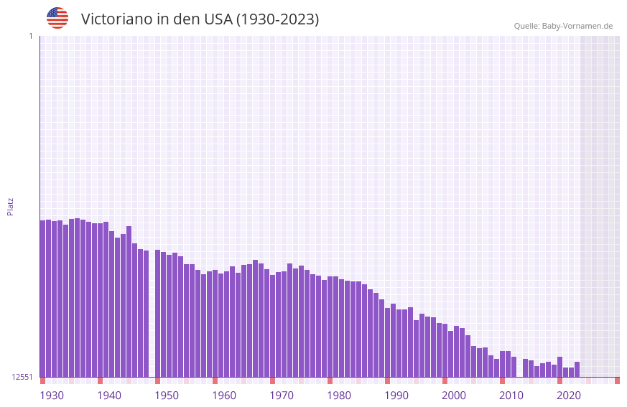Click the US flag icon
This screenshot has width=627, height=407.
click(57, 18)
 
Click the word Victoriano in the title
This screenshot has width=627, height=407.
click(116, 19)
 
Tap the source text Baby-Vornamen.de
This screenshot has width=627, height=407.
click(577, 26)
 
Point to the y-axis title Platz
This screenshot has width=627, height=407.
click(10, 206)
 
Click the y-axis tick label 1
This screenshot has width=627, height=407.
click(30, 36)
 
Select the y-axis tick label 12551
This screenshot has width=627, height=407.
click(22, 377)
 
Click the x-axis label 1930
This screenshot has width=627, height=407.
click(52, 395)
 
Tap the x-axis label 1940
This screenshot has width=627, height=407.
click(109, 395)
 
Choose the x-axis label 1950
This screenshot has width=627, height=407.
click(167, 395)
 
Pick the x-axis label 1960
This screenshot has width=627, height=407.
click(224, 395)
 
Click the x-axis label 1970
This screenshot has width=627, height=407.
click(282, 395)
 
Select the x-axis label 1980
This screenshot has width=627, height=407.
click(339, 395)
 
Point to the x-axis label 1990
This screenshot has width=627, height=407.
click(396, 395)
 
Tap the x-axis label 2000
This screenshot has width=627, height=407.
click(454, 395)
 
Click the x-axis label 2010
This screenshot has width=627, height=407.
click(511, 395)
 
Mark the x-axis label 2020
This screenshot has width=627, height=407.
click(569, 395)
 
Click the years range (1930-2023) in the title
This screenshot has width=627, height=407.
click(277, 19)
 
